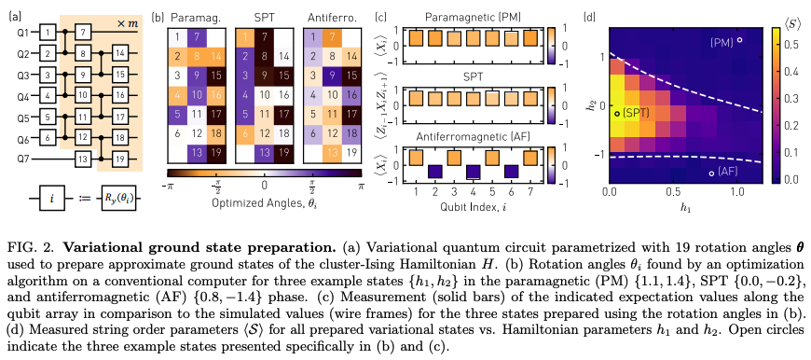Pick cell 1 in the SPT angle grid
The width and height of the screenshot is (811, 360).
click(x=244, y=37)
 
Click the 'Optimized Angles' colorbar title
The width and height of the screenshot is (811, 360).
click(x=266, y=201)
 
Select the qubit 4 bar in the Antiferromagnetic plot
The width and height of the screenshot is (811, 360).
click(x=474, y=170)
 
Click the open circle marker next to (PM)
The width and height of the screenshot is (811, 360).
click(x=739, y=40)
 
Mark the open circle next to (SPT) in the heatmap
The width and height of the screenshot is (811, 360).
click(x=615, y=112)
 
